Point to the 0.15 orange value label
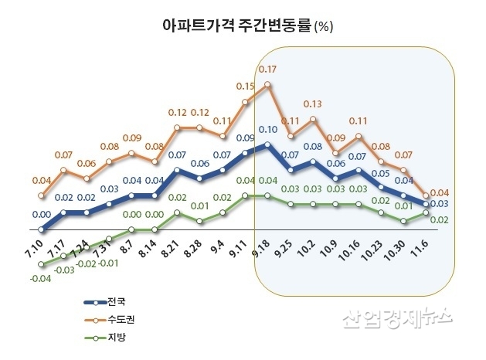tap(246, 86)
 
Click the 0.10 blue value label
tap(267, 129)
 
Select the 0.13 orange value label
tap(312, 104)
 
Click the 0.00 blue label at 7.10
tap(41, 214)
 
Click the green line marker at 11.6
tap(426, 212)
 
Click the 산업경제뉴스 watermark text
tap(396, 317)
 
